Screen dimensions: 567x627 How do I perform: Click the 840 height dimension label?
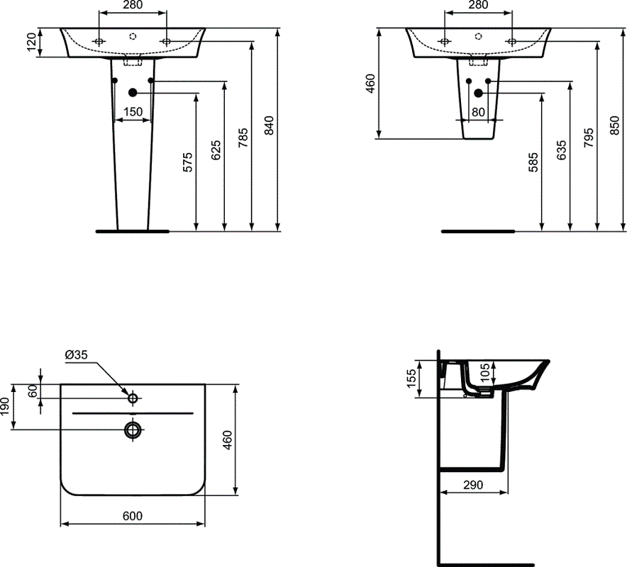[268, 125]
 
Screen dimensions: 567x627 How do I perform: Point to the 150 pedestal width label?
[133, 111]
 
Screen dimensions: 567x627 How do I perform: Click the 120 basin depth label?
[31, 43]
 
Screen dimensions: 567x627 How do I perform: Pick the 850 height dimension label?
[615, 125]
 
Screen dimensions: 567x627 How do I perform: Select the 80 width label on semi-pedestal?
[478, 111]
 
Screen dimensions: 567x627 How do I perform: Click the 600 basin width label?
[133, 517]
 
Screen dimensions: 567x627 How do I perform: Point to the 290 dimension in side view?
[473, 485]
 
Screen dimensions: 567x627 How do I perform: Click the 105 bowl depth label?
[485, 372]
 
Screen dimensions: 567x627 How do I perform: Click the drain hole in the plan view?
[133, 429]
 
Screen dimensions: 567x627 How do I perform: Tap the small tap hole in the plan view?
[133, 399]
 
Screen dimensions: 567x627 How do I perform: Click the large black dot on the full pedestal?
[133, 93]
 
